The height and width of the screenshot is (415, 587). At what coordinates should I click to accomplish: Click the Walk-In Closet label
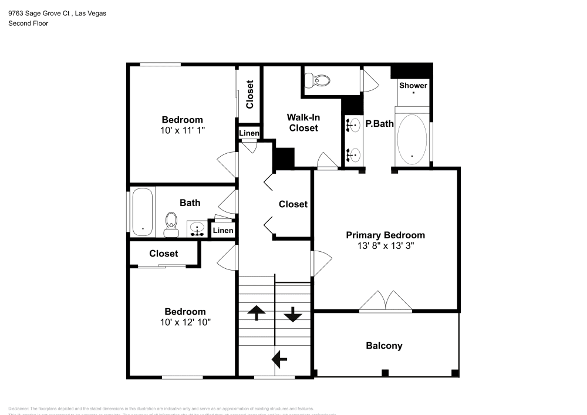point(303,122)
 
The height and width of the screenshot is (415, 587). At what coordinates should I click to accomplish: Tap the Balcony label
point(384,346)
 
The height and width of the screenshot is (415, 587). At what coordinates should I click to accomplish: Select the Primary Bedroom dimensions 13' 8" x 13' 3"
point(385,247)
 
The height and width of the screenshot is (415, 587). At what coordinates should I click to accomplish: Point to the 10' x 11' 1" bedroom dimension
point(183,131)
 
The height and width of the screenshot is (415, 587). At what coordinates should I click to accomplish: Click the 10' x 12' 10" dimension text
point(185,322)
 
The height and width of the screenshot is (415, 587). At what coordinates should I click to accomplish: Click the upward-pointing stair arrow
point(256,313)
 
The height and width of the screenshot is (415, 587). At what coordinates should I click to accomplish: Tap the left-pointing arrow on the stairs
point(279,357)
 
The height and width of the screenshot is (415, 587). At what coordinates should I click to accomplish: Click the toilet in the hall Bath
point(171,224)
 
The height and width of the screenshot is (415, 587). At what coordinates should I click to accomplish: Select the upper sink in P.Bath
point(354,125)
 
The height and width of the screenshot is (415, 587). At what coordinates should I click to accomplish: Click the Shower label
point(413,85)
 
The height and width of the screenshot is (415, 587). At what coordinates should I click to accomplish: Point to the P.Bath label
point(379,124)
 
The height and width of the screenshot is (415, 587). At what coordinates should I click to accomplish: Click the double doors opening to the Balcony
point(385,301)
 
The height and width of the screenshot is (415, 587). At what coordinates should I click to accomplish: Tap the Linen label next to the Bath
point(223,231)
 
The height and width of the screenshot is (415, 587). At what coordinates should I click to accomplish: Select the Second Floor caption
point(28,23)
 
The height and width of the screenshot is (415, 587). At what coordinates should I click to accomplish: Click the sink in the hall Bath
point(197,228)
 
